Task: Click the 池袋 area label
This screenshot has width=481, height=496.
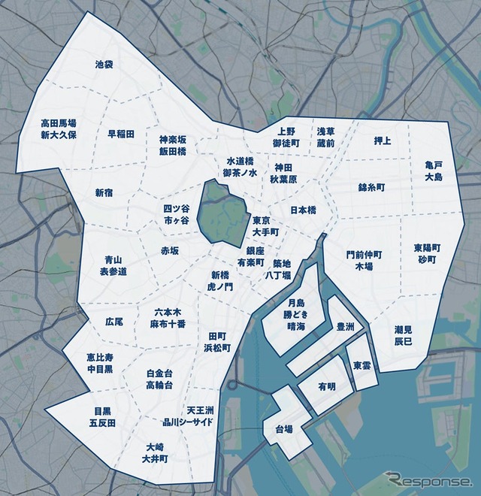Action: [104, 65]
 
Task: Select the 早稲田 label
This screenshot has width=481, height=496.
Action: [120, 134]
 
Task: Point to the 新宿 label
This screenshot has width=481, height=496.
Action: [104, 193]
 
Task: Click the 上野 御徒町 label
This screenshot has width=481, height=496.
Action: [286, 137]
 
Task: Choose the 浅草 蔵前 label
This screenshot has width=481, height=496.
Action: [325, 137]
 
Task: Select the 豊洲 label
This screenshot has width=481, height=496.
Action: [346, 327]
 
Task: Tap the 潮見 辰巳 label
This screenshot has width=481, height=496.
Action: [403, 336]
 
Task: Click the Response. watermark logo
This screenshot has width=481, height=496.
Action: [429, 479]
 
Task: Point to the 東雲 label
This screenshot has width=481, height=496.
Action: [362, 365]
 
